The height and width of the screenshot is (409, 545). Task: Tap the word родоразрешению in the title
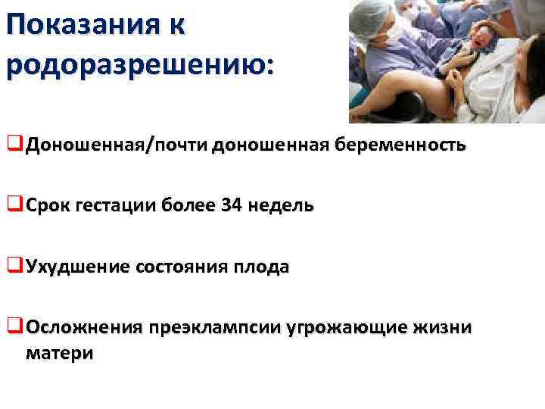pos(136,64)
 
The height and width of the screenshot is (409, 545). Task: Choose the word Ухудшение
pos(78,267)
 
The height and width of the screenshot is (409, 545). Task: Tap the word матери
pos(60,353)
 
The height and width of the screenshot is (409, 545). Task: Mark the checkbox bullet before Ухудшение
pos(15,266)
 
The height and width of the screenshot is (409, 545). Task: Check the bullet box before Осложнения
pos(15,326)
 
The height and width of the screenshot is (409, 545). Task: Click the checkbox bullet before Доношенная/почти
pos(15,144)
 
